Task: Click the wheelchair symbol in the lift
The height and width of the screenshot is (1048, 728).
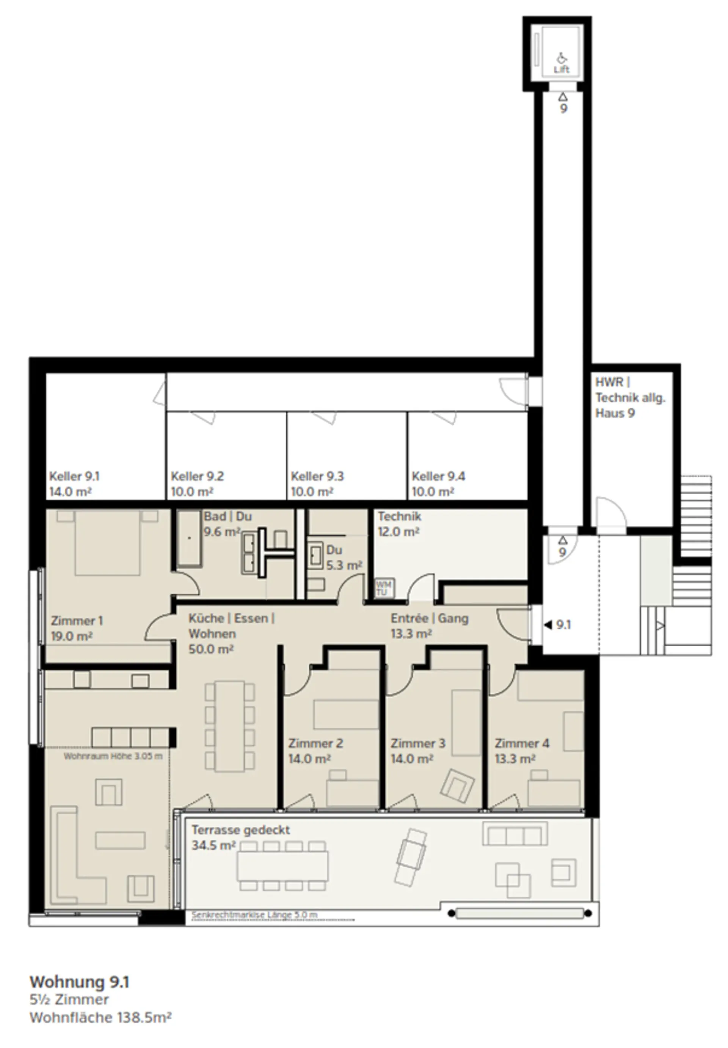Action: tap(562, 58)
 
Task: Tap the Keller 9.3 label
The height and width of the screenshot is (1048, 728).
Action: tap(317, 476)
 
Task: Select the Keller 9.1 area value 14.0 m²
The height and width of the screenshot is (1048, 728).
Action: tap(71, 492)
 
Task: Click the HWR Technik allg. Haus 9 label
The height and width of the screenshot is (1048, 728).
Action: tap(630, 398)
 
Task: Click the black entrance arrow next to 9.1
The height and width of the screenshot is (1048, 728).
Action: tap(548, 625)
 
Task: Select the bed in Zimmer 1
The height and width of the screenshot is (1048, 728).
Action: tap(108, 542)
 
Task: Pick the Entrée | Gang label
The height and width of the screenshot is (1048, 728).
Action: tap(429, 618)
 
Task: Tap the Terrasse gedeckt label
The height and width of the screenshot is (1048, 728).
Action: tap(240, 830)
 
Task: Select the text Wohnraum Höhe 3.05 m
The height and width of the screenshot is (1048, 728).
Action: tap(113, 756)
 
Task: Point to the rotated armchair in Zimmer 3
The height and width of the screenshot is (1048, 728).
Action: tap(457, 785)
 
